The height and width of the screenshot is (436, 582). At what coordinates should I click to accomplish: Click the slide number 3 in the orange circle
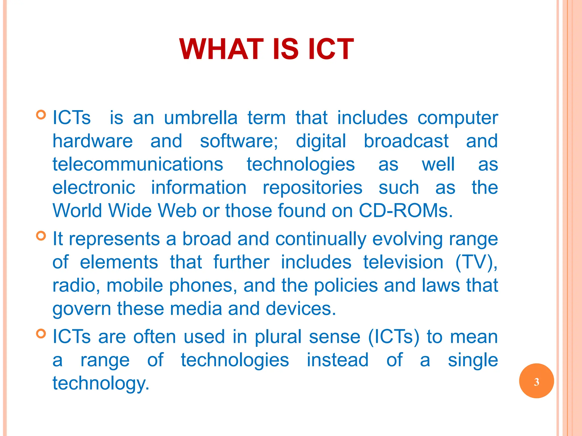pos(536,382)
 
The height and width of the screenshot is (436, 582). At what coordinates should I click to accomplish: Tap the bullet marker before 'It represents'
pos(41,236)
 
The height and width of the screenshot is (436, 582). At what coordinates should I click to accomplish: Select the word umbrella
pos(201,118)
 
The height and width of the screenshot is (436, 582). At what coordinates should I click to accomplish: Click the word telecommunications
pos(138,164)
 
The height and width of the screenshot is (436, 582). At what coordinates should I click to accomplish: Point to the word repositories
pos(312,188)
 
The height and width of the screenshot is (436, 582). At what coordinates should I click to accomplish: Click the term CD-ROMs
pos(406,211)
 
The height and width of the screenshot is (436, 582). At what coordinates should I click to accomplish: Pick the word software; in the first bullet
pos(239,141)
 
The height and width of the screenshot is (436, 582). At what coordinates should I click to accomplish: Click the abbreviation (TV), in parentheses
pos(476,262)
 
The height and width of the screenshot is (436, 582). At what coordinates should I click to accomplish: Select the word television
pos(403,262)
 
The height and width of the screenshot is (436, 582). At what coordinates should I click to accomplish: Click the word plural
pos(278,337)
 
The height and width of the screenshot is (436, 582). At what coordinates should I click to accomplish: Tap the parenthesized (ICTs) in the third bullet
pos(394,337)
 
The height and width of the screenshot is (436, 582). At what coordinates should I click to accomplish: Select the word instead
pos(338,360)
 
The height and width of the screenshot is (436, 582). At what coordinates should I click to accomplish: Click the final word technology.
pos(101,383)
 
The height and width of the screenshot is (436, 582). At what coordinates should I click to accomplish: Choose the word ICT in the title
pos(331,49)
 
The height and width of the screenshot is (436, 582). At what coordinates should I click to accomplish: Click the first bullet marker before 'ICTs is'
pos(41,115)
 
